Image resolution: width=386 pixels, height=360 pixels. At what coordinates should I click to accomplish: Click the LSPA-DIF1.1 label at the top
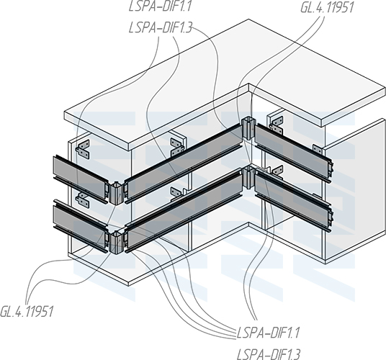click(161, 6)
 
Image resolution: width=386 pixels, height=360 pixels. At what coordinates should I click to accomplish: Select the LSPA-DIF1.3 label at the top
click(161, 28)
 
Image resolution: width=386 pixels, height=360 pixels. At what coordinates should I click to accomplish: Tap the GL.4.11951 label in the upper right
click(327, 7)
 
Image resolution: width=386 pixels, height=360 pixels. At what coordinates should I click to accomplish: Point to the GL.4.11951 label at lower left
click(27, 311)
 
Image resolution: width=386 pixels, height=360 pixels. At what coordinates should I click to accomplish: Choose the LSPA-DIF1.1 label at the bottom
click(268, 333)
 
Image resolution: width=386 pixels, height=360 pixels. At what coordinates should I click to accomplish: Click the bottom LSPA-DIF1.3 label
click(269, 354)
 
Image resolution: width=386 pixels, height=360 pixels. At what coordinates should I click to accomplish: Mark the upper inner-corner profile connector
click(248, 129)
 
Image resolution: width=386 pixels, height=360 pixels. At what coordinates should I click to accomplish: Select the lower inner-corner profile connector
click(249, 177)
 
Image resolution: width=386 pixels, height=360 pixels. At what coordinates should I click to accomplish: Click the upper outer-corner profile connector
click(116, 194)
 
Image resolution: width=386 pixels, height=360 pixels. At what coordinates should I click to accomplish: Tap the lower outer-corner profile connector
click(115, 243)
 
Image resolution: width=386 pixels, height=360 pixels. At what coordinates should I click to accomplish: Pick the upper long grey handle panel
click(184, 161)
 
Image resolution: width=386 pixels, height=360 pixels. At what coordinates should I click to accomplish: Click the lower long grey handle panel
click(184, 211)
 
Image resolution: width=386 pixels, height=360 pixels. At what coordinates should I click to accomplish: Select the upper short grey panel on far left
click(81, 179)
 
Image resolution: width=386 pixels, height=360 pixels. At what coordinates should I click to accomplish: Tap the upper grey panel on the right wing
click(293, 152)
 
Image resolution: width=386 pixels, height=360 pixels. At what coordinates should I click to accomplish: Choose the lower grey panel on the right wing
click(293, 202)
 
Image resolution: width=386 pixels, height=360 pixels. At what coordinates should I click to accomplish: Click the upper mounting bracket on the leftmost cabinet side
click(83, 149)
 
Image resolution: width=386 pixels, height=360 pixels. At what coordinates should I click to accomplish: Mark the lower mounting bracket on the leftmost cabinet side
click(83, 199)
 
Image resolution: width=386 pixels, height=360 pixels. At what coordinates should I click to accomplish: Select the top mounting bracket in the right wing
click(277, 125)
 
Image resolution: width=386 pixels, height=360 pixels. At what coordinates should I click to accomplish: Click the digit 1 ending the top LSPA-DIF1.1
click(189, 6)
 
